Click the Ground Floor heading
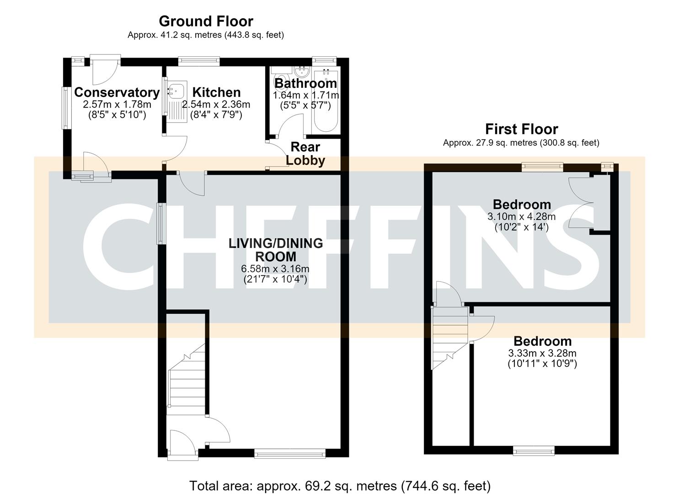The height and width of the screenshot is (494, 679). point(206,21)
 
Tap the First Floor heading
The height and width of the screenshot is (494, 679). point(521,129)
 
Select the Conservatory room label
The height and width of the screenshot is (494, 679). point(117,92)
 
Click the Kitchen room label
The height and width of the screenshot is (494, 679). point(216,92)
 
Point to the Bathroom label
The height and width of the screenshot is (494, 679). point(305,83)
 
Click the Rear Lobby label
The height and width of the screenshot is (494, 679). point(305,154)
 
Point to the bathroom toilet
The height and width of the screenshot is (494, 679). point(280,78)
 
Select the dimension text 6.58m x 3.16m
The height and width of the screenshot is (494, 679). point(275,268)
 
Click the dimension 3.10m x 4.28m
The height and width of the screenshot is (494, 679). point(521,216)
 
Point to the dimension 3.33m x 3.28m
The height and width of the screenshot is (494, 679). point(542,353)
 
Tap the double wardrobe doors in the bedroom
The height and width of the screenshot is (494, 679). point(581,203)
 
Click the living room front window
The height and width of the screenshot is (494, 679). point(290,454)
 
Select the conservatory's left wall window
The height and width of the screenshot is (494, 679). point(65,108)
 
